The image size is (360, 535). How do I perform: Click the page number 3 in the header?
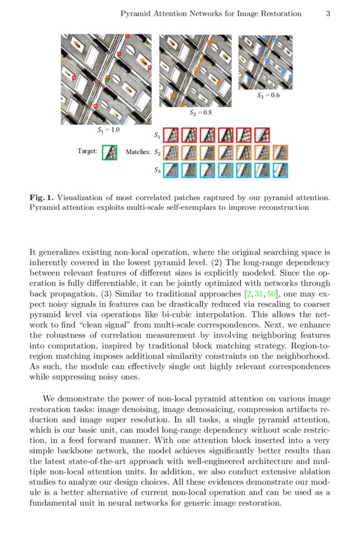click(327, 13)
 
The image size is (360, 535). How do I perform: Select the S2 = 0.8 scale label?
click(201, 113)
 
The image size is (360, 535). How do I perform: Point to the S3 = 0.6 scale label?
click(268, 96)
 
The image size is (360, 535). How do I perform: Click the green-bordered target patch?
click(110, 152)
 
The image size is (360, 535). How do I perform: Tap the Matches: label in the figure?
click(138, 152)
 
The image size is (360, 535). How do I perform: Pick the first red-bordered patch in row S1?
click(172, 135)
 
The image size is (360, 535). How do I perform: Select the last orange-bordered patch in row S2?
click(281, 152)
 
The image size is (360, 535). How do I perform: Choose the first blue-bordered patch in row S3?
click(172, 169)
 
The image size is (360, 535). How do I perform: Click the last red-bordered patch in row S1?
click(263, 135)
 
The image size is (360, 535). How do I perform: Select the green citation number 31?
click(258, 293)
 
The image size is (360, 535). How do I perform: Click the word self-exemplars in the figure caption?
click(185, 207)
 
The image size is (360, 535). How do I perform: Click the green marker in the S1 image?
click(108, 80)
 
